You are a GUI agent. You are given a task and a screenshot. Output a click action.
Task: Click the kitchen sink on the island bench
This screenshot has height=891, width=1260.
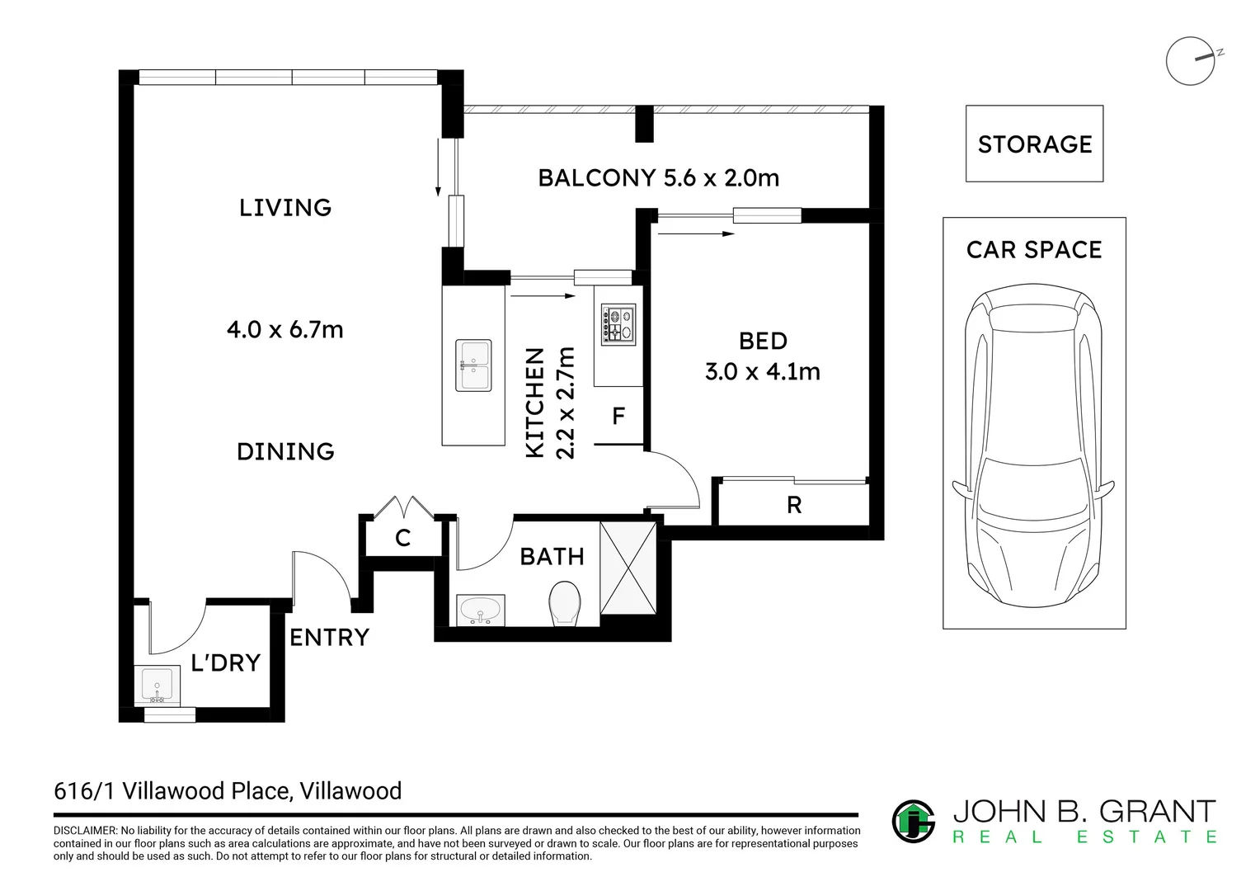pos(473,365)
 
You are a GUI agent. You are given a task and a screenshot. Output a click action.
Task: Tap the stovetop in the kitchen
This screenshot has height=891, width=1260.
pos(618,324)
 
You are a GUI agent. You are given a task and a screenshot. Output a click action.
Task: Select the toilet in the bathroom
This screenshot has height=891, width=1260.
pos(565,603)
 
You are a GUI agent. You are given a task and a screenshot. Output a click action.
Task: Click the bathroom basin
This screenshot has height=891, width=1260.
pos(481,610)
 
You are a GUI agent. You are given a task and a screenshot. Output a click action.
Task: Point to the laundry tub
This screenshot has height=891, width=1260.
pos(157,685)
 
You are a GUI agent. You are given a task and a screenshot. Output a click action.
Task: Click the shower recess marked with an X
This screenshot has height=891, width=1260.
pos(628,568)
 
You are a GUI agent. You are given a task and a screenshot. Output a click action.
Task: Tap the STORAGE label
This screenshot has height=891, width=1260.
pos(1034,144)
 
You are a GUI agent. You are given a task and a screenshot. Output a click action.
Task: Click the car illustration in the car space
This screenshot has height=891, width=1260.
pos(1033,445)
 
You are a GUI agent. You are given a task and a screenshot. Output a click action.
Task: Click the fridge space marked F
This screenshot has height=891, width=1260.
pos(618,416)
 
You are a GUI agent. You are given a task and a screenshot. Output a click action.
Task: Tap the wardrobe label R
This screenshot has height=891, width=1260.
pos(794,505)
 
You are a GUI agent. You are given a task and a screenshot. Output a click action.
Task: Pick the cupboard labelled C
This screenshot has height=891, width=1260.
pos(402,538)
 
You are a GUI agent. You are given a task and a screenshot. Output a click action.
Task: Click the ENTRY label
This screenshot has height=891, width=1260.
pos(329,637)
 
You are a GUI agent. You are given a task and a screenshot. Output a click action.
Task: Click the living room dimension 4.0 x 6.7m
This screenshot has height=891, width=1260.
pos(284,329)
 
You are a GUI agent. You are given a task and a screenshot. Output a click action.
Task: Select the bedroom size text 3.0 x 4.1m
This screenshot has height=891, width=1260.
pos(762,371)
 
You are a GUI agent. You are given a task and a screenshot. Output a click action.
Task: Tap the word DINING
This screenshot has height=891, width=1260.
pos(285,451)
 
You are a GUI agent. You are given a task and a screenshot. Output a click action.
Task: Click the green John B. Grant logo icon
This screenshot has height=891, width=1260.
pos(914,821)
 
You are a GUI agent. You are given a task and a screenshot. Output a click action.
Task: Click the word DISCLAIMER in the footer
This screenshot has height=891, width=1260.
pos(85,830)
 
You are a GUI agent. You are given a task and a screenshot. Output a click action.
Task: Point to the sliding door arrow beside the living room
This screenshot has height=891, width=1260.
pos(438,167)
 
